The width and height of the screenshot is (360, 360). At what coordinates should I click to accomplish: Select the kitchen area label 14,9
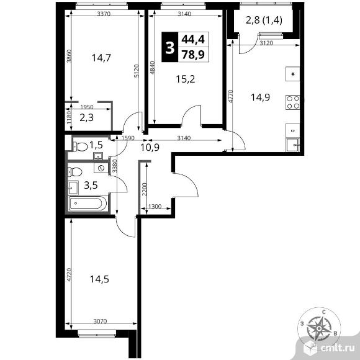tap(260, 96)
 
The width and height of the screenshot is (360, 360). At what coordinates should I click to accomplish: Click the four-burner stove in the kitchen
tap(293, 100)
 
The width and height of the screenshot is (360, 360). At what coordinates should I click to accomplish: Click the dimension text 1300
tap(156, 207)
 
